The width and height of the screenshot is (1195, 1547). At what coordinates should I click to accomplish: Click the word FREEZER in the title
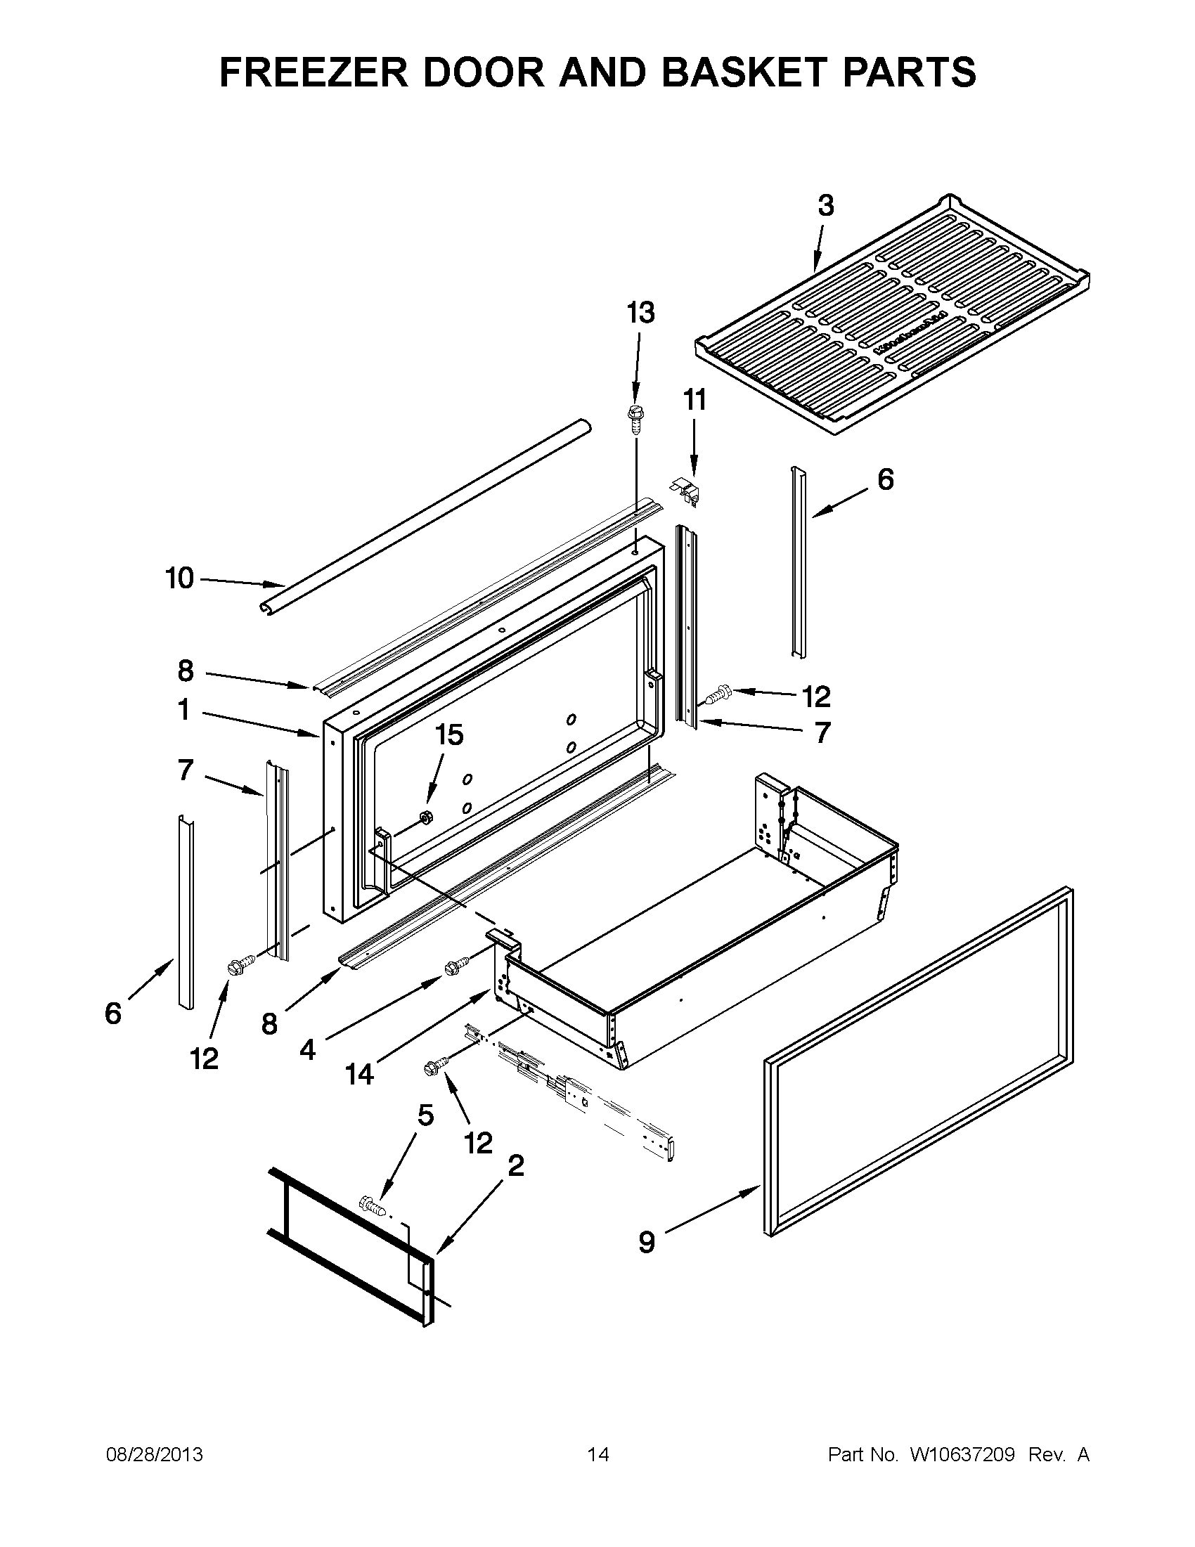pyautogui.click(x=313, y=72)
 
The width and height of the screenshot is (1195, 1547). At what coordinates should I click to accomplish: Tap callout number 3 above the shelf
pyautogui.click(x=825, y=206)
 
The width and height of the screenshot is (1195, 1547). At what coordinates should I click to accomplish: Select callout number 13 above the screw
pyautogui.click(x=640, y=312)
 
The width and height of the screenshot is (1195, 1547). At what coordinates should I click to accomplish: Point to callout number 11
pyautogui.click(x=695, y=400)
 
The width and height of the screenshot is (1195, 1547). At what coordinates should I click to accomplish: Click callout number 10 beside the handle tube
pyautogui.click(x=179, y=578)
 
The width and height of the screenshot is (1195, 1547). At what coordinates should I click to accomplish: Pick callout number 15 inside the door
pyautogui.click(x=448, y=735)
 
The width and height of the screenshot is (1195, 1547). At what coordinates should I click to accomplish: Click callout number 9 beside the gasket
pyautogui.click(x=646, y=1242)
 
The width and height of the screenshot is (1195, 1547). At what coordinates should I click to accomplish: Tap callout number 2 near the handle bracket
pyautogui.click(x=516, y=1165)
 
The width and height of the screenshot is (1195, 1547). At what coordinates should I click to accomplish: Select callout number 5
pyautogui.click(x=425, y=1115)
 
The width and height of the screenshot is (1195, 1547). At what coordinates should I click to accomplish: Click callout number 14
pyautogui.click(x=359, y=1075)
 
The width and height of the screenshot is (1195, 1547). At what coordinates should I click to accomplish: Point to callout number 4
pyautogui.click(x=307, y=1050)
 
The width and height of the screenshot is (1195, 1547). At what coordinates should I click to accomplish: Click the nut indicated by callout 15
pyautogui.click(x=427, y=817)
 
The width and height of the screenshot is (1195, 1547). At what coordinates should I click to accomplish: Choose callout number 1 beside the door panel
pyautogui.click(x=183, y=710)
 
